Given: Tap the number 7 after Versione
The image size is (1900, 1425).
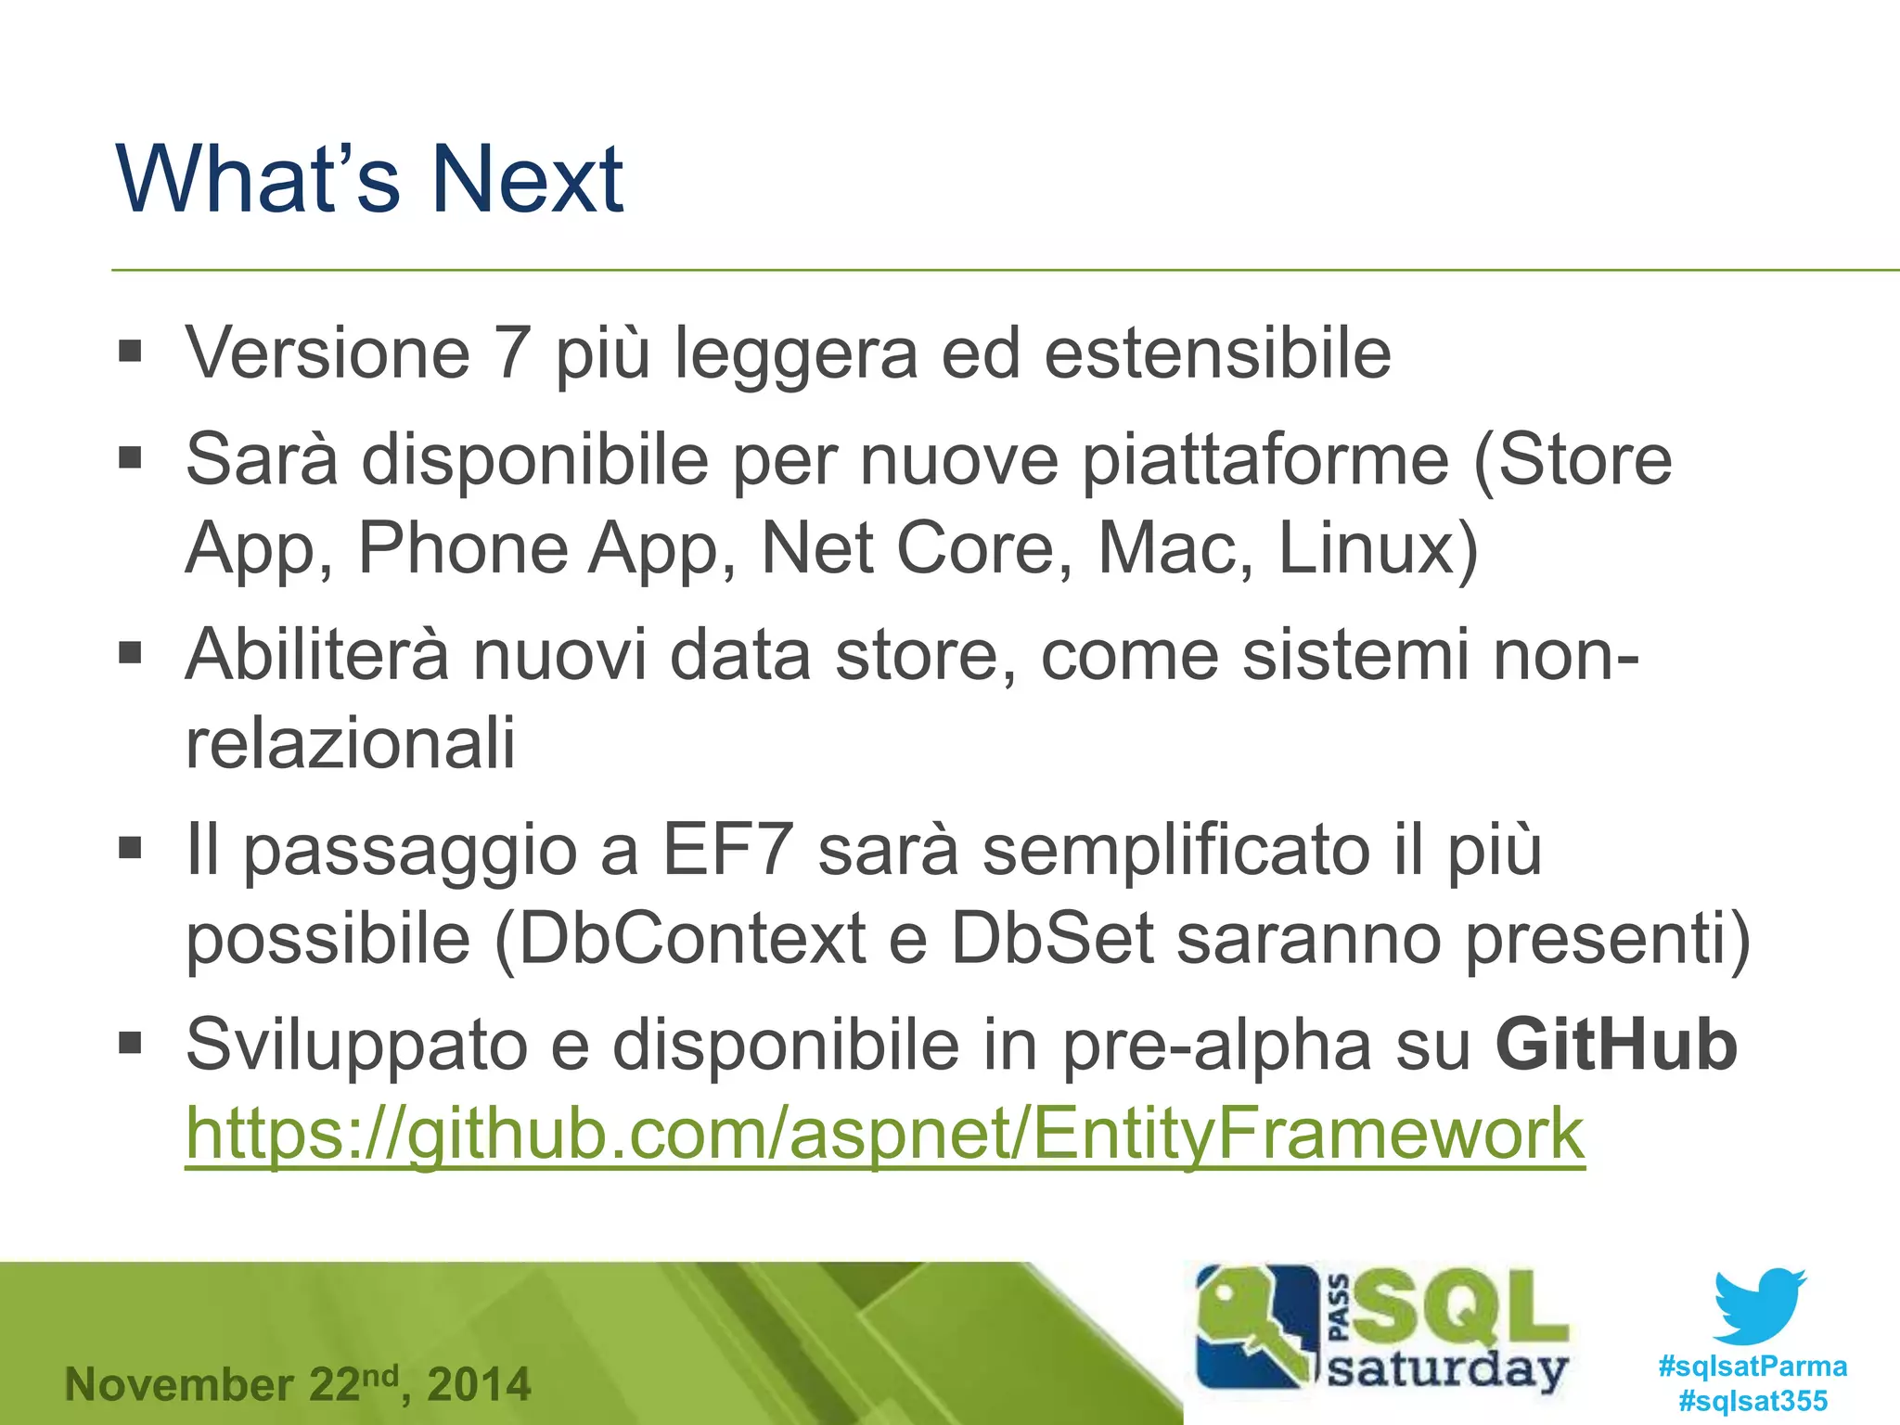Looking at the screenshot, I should [x=512, y=353].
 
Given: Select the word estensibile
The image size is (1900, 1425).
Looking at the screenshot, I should [x=1217, y=353].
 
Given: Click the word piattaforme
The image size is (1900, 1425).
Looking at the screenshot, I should [x=1265, y=459].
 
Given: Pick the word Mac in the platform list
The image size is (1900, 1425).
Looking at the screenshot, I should [x=1167, y=548].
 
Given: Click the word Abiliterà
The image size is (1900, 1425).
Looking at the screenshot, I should [x=317, y=655].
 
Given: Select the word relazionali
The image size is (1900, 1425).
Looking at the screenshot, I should [x=350, y=743].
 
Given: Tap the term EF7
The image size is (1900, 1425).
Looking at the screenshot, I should [x=727, y=850].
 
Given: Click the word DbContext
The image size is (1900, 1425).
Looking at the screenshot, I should [x=692, y=939].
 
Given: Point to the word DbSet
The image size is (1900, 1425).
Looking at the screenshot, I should [x=1052, y=939].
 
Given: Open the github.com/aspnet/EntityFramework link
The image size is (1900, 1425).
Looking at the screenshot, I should [x=885, y=1134].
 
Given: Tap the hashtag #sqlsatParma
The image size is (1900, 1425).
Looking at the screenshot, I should [x=1752, y=1367].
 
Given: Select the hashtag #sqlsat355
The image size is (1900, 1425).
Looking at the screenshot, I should [x=1752, y=1401].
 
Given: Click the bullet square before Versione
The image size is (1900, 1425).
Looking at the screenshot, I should [x=131, y=353].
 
